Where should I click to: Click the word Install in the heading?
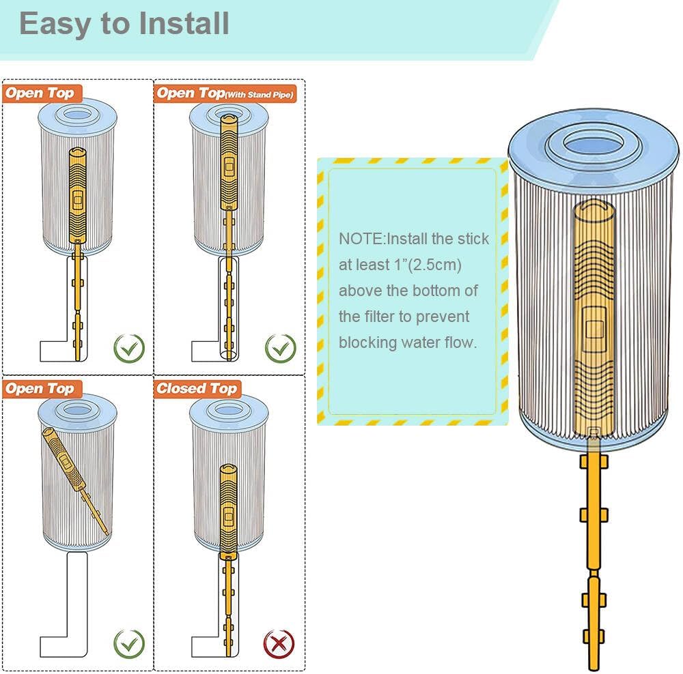[x=184, y=23]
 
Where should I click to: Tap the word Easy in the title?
[x=54, y=23]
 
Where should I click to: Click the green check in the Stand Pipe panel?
[x=280, y=348]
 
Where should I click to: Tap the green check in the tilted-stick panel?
[x=129, y=643]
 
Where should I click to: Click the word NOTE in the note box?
[x=361, y=239]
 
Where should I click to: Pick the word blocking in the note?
[x=371, y=342]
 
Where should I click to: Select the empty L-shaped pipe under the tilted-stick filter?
[x=68, y=614]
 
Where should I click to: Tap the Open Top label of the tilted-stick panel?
[x=40, y=389]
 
